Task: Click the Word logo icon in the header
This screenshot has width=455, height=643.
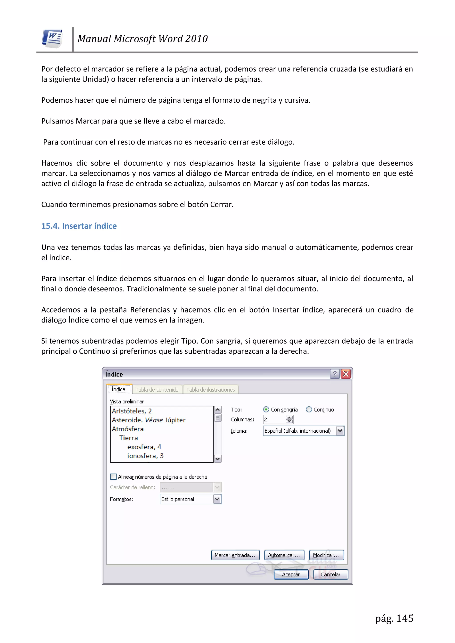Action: tap(52, 38)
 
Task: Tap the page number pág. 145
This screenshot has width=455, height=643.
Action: tap(394, 618)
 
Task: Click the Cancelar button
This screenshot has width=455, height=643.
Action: tap(330, 574)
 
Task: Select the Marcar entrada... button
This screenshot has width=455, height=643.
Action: tap(235, 555)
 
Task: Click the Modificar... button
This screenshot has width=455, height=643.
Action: tap(326, 555)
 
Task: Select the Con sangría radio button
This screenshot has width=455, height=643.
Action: tap(266, 409)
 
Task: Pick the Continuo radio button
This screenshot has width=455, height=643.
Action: tap(309, 409)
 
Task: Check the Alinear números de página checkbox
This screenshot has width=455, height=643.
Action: tap(114, 477)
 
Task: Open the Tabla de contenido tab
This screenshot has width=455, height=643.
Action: tap(157, 390)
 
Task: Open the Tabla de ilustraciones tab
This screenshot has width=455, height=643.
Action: tap(210, 390)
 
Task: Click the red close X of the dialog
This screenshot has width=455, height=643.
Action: tap(346, 374)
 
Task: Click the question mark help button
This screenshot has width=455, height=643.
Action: tap(335, 374)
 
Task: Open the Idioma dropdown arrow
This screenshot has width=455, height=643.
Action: tap(340, 431)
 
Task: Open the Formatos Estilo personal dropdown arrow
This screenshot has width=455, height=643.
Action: tap(217, 499)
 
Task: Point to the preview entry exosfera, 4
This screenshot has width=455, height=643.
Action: tap(144, 447)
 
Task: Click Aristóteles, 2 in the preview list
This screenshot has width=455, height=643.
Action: tap(132, 411)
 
